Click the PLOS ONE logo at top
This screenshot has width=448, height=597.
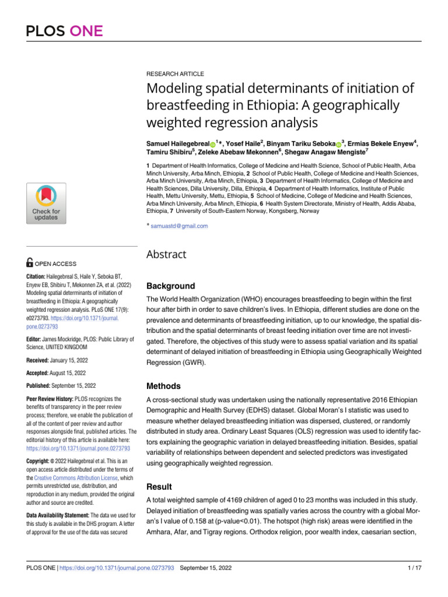click(65, 31)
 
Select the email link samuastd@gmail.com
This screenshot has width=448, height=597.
click(179, 226)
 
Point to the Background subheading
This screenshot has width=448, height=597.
click(170, 286)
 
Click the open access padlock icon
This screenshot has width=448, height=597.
click(31, 264)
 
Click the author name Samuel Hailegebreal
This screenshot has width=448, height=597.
click(177, 143)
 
